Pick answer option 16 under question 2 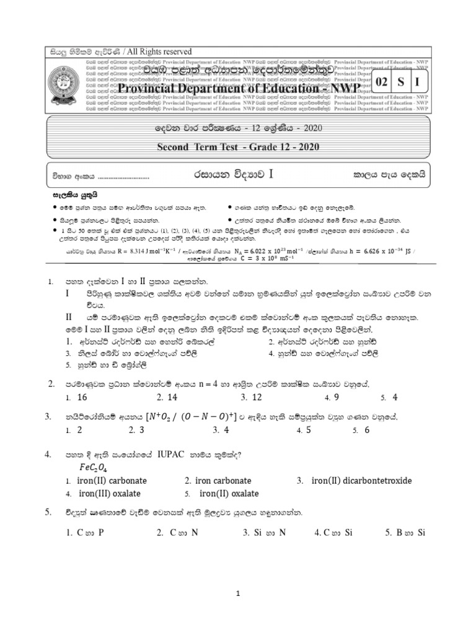[82, 397]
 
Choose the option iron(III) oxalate [110, 494]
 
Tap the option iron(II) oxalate [229, 494]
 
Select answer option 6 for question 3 [367, 430]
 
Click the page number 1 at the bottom [237, 594]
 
